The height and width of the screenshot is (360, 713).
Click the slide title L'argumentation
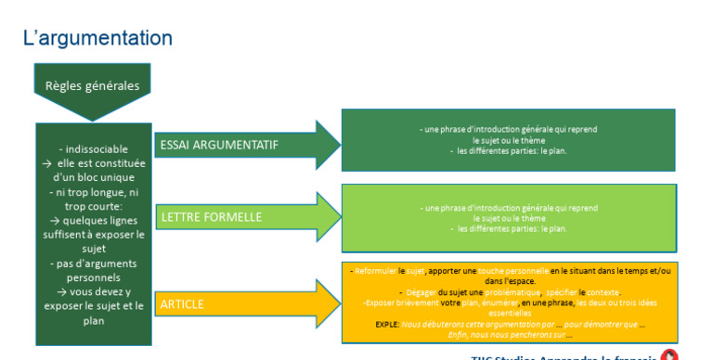tap(97, 38)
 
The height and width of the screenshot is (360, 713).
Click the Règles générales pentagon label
tap(92, 85)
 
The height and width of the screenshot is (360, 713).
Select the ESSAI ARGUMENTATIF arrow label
tap(219, 145)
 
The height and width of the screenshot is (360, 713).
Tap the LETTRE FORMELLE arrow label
tap(212, 217)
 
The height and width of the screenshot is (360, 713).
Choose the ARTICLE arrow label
tap(182, 303)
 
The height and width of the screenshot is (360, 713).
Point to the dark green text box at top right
tap(508, 140)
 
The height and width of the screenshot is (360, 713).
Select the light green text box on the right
tap(508, 218)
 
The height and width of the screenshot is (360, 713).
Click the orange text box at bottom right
tap(508, 302)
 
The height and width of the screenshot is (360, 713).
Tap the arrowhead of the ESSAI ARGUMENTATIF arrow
tap(328, 145)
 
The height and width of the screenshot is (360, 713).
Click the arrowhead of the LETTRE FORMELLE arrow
tap(328, 217)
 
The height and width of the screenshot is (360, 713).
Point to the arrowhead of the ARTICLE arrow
tap(328, 303)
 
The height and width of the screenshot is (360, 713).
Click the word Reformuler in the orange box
tap(376, 271)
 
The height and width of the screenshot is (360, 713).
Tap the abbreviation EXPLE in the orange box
tap(387, 324)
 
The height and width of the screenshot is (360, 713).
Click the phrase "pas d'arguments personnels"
tap(93, 270)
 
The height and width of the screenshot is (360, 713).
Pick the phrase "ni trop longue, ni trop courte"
tap(93, 199)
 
